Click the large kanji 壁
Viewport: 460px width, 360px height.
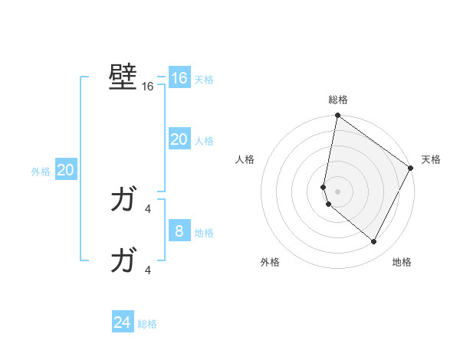click(x=123, y=77)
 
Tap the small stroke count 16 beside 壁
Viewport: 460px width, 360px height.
click(x=148, y=87)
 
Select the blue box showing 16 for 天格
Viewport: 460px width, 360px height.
click(x=179, y=78)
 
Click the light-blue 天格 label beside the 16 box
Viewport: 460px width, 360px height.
click(x=204, y=80)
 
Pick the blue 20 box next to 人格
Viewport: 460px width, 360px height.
click(x=179, y=139)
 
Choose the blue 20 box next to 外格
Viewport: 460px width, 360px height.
click(x=66, y=170)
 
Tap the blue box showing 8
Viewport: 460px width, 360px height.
click(x=179, y=231)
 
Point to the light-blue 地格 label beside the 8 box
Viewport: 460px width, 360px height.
click(x=204, y=232)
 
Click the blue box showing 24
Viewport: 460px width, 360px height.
click(x=123, y=322)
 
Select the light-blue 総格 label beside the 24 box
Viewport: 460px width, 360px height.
click(x=147, y=324)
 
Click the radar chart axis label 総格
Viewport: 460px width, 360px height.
click(x=338, y=99)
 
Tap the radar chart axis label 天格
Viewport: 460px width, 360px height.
click(x=431, y=159)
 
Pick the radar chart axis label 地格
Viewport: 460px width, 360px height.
click(x=402, y=262)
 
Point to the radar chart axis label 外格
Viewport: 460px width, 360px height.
click(x=270, y=262)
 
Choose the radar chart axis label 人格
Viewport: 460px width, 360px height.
click(x=245, y=159)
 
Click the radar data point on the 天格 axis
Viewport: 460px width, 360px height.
click(x=411, y=168)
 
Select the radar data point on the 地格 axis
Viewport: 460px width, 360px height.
click(x=373, y=241)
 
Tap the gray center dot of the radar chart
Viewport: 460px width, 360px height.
click(x=338, y=191)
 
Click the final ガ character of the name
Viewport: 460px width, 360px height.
click(x=123, y=261)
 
